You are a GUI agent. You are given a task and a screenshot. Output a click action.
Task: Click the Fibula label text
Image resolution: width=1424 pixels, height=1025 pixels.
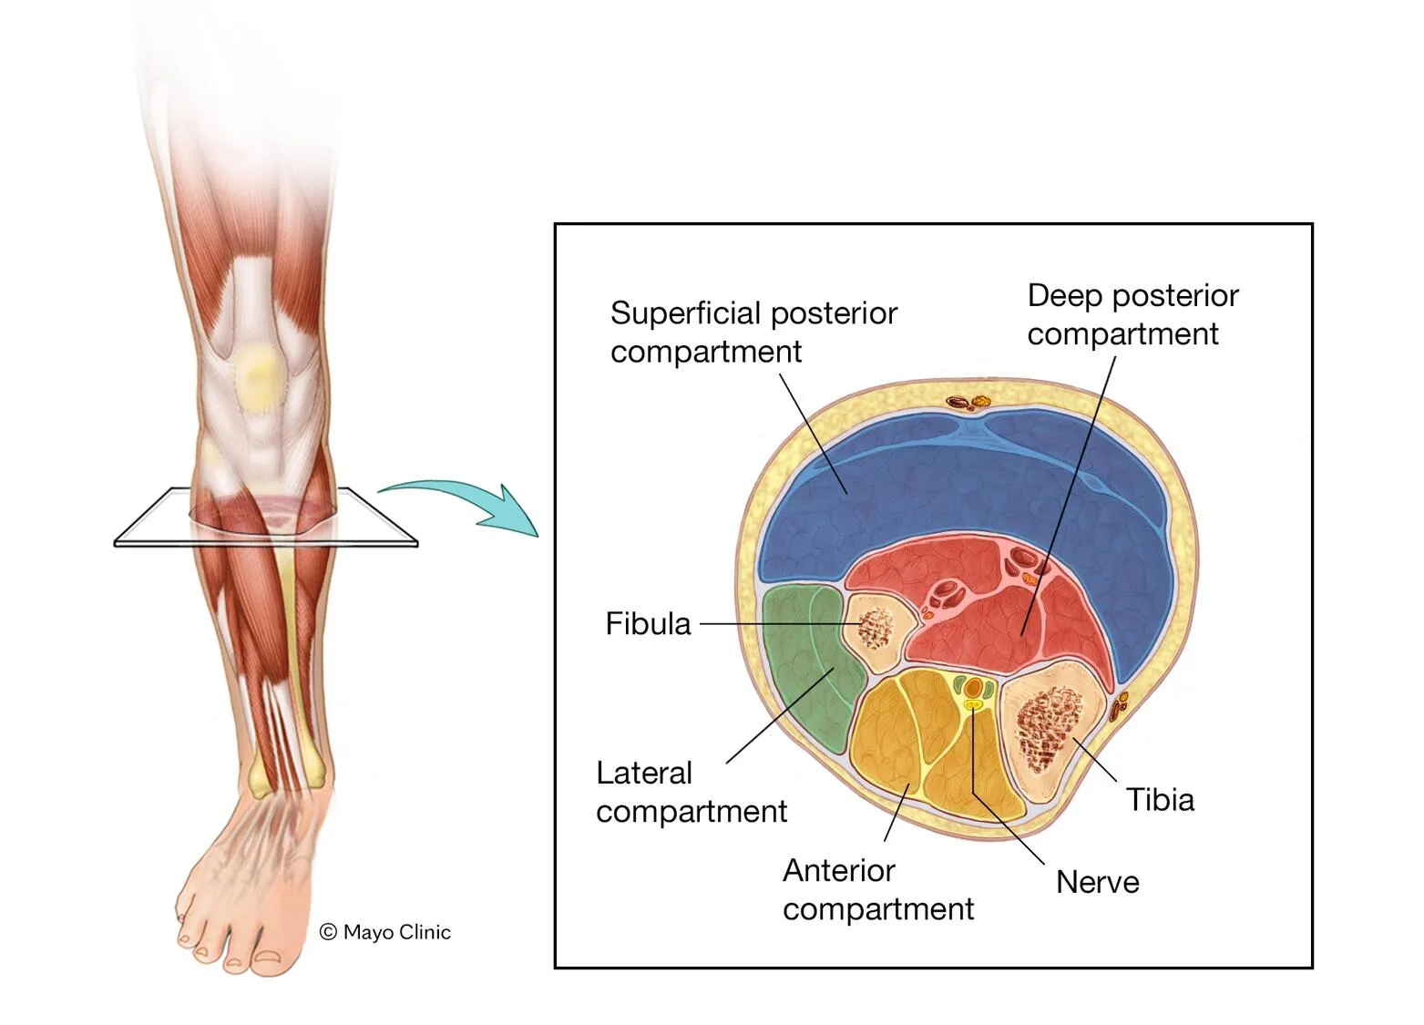coord(648,624)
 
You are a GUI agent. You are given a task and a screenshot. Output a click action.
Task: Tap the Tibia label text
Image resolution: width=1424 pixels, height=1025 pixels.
coord(1159,799)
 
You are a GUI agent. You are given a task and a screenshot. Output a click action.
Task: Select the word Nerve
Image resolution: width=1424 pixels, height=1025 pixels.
coord(1097,882)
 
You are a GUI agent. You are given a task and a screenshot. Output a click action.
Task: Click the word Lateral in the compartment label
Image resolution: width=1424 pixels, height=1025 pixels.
coord(643,773)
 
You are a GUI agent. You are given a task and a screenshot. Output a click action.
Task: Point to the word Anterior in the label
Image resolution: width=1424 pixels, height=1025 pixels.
coord(838,870)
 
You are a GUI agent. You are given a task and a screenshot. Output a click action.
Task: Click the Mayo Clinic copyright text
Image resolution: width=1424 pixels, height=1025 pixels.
coord(385,932)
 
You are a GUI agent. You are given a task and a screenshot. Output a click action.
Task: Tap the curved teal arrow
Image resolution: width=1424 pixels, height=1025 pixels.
coord(465,501)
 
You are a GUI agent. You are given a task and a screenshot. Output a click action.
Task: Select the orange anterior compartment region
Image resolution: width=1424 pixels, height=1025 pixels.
coord(920,747)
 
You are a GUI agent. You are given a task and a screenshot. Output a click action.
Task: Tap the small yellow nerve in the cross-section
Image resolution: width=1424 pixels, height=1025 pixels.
coord(974,704)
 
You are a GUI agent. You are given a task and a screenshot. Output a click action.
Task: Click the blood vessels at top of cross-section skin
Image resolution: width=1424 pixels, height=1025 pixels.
coord(968,402)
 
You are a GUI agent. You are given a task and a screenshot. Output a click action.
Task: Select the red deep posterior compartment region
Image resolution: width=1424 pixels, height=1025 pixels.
coord(993,620)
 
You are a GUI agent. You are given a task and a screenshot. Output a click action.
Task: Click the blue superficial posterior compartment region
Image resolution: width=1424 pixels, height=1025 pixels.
coord(957,483)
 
